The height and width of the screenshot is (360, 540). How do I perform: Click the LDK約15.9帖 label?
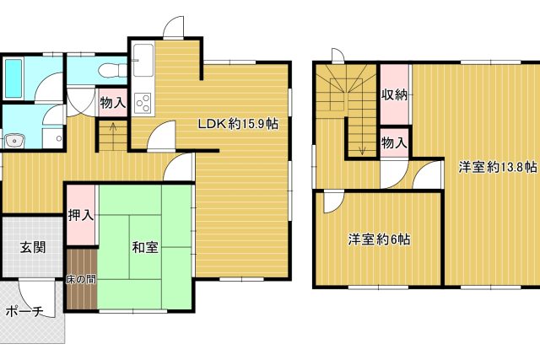(x=238, y=124)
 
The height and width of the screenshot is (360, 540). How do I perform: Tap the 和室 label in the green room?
(x=145, y=247)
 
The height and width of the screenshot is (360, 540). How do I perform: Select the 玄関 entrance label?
(x=33, y=247)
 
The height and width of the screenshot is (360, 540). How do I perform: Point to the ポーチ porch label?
(x=24, y=312)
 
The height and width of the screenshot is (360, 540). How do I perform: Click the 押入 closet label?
(x=81, y=216)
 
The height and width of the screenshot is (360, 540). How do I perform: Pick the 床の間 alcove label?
(x=81, y=279)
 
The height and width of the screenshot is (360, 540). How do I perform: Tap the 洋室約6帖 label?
(x=379, y=239)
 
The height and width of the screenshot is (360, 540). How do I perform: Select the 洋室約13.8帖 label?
(x=498, y=167)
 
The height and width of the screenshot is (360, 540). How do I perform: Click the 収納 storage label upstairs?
(x=395, y=94)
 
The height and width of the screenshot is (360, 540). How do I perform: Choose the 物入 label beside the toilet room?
(x=113, y=103)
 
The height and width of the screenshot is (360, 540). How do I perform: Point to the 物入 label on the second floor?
(x=395, y=142)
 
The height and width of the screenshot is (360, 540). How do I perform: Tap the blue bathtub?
(x=14, y=78)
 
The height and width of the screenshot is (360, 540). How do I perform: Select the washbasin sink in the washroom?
(x=14, y=141)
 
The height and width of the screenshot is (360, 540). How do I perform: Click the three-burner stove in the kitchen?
(x=143, y=103)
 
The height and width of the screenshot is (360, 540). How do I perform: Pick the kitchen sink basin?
(x=143, y=60)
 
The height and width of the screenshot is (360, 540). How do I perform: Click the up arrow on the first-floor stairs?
(x=113, y=132)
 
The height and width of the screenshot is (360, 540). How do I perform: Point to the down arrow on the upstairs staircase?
(x=362, y=137)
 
